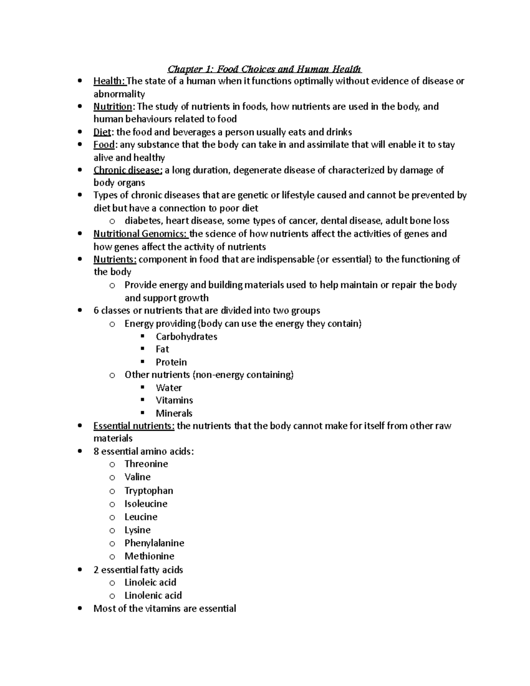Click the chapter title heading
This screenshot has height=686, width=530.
tap(265, 69)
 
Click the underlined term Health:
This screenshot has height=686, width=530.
tap(110, 81)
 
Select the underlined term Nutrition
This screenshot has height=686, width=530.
tap(113, 106)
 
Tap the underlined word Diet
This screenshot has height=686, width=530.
tap(102, 132)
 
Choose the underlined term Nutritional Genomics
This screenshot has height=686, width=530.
tap(140, 234)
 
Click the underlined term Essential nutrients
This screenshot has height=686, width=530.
tap(134, 426)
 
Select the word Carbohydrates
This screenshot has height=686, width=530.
tap(186, 337)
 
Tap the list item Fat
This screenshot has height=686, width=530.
tap(162, 349)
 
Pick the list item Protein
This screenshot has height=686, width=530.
tap(171, 362)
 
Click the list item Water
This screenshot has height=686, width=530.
tap(169, 388)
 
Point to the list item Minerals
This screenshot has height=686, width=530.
tap(174, 413)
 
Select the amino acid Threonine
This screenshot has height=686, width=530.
tap(146, 464)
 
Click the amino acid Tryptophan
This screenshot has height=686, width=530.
tap(149, 491)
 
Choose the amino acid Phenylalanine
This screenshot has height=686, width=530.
tap(154, 543)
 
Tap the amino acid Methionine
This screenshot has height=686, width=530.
tap(149, 556)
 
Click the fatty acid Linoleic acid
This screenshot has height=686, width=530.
tap(150, 583)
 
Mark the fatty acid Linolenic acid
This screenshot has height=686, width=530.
tap(153, 595)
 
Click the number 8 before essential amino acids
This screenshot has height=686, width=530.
tap(96, 451)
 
